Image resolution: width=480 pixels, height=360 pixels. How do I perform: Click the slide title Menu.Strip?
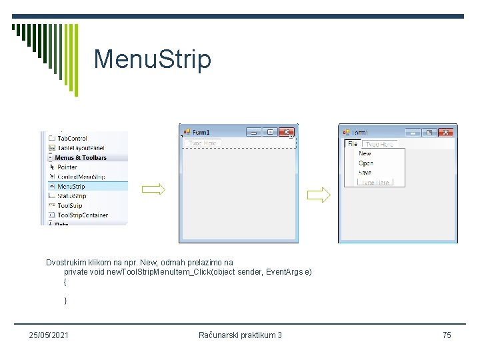click(x=152, y=59)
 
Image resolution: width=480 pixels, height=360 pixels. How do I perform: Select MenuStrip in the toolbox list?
click(x=71, y=187)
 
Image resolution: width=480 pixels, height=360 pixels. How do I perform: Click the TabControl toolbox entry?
click(x=72, y=139)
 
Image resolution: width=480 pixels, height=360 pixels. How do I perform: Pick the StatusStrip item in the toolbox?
click(x=71, y=196)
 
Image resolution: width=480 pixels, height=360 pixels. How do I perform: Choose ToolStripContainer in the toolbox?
click(x=82, y=215)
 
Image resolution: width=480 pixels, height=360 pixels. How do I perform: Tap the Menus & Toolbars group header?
click(x=80, y=158)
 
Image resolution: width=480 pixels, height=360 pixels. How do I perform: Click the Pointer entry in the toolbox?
click(x=67, y=167)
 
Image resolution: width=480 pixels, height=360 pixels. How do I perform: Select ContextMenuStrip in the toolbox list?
click(x=81, y=177)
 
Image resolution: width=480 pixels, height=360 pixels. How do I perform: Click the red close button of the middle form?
click(x=287, y=132)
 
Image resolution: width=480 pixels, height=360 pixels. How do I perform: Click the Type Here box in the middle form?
click(x=203, y=143)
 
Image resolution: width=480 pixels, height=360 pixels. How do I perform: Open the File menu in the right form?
click(x=352, y=144)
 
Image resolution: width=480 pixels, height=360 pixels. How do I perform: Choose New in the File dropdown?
click(x=365, y=154)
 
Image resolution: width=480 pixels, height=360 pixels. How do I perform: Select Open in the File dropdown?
click(x=365, y=163)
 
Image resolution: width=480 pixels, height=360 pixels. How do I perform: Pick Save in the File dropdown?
click(x=365, y=173)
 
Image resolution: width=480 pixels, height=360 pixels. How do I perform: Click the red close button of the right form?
click(x=446, y=133)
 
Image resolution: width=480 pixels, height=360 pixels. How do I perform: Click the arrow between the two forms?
click(x=318, y=195)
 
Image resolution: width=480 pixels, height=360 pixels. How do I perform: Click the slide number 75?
click(x=447, y=335)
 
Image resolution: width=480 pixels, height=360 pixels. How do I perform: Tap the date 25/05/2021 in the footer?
click(x=49, y=335)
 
